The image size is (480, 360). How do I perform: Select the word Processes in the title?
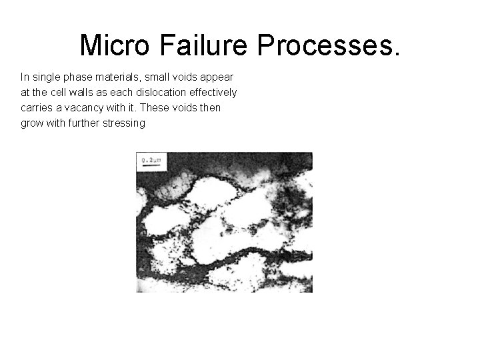pyautogui.click(x=327, y=45)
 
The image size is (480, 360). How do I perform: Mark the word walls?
pyautogui.click(x=83, y=92)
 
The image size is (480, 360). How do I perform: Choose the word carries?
pyautogui.click(x=36, y=107)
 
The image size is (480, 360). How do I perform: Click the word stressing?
pyautogui.click(x=123, y=123)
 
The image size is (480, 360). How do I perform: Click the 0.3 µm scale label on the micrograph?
pyautogui.click(x=153, y=161)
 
